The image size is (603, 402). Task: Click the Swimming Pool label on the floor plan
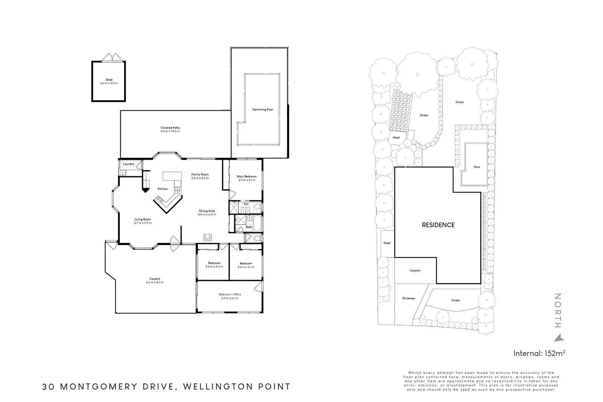pyautogui.click(x=262, y=110)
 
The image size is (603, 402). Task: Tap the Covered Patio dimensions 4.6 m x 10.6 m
pyautogui.click(x=170, y=131)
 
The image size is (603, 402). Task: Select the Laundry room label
pyautogui.click(x=129, y=164)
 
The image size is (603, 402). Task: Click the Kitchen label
pyautogui.click(x=163, y=189)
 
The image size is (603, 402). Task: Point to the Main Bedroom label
pyautogui.click(x=246, y=176)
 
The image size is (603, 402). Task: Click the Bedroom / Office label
pyautogui.click(x=230, y=295)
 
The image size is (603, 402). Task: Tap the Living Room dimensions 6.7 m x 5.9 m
pyautogui.click(x=142, y=223)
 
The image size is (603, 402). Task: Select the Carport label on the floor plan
pyautogui.click(x=155, y=279)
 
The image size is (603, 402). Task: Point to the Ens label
pyautogui.click(x=246, y=204)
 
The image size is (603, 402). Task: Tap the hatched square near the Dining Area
pyautogui.click(x=208, y=237)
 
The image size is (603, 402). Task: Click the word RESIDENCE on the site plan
pyautogui.click(x=438, y=225)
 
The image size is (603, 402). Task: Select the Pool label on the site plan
pyautogui.click(x=477, y=167)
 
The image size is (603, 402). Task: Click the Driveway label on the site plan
pyautogui.click(x=409, y=298)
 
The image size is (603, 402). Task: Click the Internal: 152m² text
pyautogui.click(x=539, y=353)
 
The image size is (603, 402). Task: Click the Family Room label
pyautogui.click(x=200, y=174)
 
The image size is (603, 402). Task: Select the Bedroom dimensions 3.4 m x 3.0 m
pyautogui.click(x=214, y=267)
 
